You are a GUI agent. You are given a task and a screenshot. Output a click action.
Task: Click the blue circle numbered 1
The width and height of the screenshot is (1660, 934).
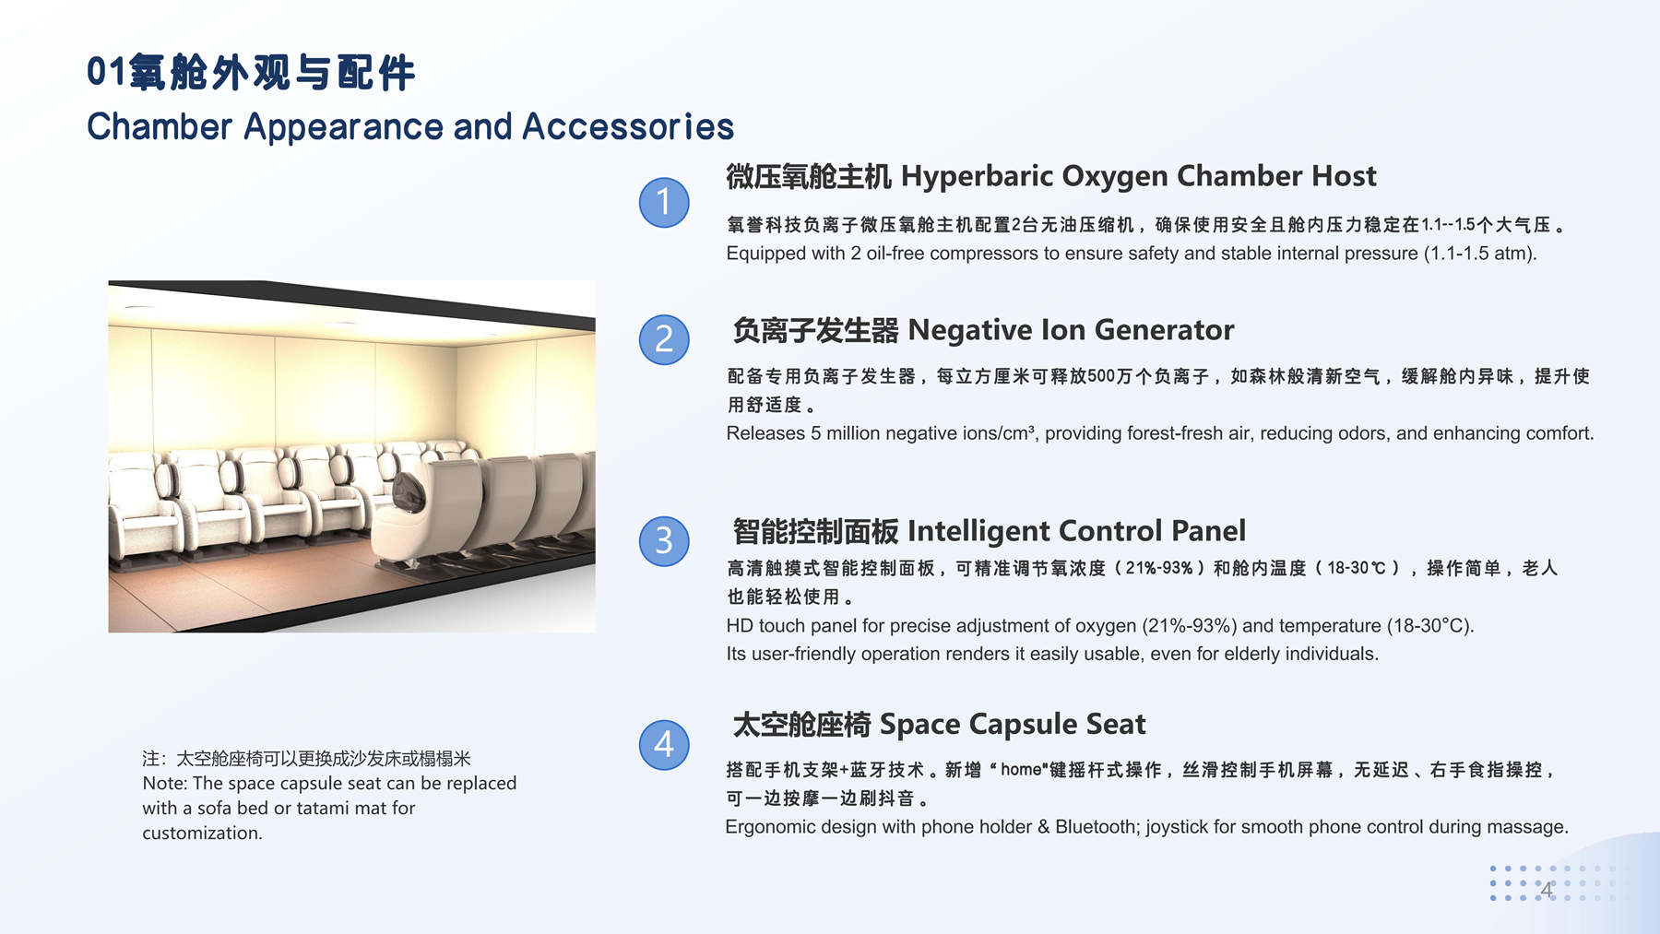664,202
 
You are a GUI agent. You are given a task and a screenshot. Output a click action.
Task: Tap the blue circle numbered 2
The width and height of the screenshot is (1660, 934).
664,339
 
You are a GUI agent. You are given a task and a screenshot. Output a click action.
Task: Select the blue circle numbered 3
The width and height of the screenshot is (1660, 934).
664,540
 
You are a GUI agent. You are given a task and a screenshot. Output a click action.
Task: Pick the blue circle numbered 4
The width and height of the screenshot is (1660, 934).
664,744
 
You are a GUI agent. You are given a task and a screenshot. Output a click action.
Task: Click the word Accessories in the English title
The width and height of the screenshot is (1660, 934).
628,126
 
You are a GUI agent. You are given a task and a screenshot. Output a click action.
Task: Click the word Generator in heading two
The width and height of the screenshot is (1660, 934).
1164,329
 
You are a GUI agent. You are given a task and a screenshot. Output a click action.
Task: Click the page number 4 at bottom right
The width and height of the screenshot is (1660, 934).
1547,889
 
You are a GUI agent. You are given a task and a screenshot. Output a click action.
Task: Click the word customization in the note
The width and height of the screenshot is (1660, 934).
202,833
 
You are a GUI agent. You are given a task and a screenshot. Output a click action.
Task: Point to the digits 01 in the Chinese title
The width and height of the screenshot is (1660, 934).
106,72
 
